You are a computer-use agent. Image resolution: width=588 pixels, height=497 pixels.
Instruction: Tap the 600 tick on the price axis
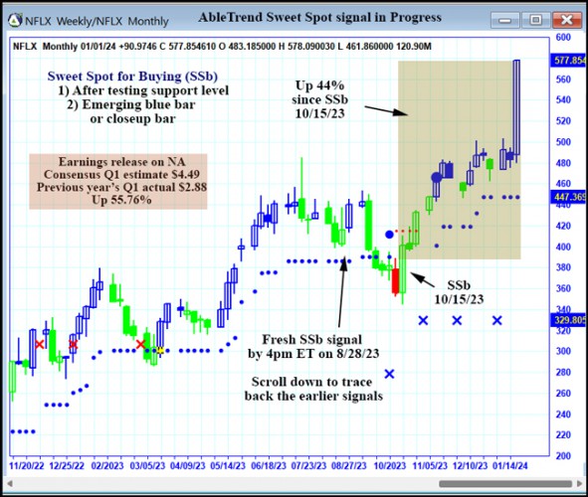tap(562, 37)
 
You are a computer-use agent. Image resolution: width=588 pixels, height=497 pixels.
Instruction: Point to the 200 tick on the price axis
tap(562, 456)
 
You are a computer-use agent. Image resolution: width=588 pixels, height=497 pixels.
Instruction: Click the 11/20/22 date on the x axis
tap(28, 464)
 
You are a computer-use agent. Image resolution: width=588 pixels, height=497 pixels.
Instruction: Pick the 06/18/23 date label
tap(271, 464)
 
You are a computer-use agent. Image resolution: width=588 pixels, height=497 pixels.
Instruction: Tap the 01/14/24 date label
tap(514, 464)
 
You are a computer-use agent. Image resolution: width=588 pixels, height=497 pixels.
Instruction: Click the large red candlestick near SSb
tap(395, 279)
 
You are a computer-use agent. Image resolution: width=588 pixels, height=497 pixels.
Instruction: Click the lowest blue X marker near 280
tap(389, 374)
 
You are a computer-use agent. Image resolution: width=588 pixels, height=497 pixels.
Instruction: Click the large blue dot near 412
tap(390, 235)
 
